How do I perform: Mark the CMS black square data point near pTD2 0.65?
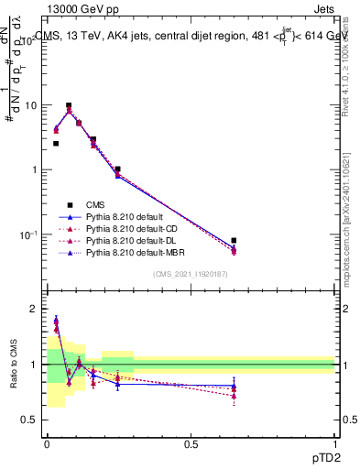pyautogui.click(x=234, y=240)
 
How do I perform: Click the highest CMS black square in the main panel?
pyautogui.click(x=69, y=105)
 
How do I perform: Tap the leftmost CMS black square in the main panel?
pyautogui.click(x=56, y=143)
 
